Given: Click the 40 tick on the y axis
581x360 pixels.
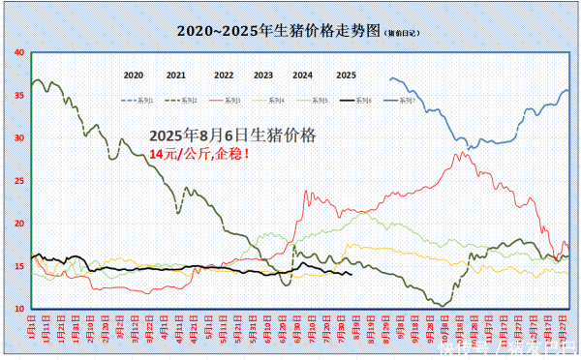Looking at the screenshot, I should (19, 52).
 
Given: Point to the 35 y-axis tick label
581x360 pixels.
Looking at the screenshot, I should (19, 95).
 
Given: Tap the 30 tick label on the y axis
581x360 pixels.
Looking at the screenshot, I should (19, 137).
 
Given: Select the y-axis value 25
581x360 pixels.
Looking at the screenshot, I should (19, 180).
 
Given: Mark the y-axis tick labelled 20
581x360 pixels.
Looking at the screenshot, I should (19, 223).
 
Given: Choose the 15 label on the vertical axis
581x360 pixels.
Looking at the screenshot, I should (19, 265).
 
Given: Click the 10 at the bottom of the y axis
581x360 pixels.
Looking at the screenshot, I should (19, 308).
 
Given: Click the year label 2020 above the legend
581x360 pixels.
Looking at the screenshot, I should (134, 75).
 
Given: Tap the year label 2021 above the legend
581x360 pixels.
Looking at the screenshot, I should (175, 75).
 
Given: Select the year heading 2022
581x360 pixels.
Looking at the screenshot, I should (224, 75).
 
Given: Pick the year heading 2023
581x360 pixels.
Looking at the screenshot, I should (263, 75).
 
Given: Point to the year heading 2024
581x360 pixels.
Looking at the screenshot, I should (302, 75).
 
